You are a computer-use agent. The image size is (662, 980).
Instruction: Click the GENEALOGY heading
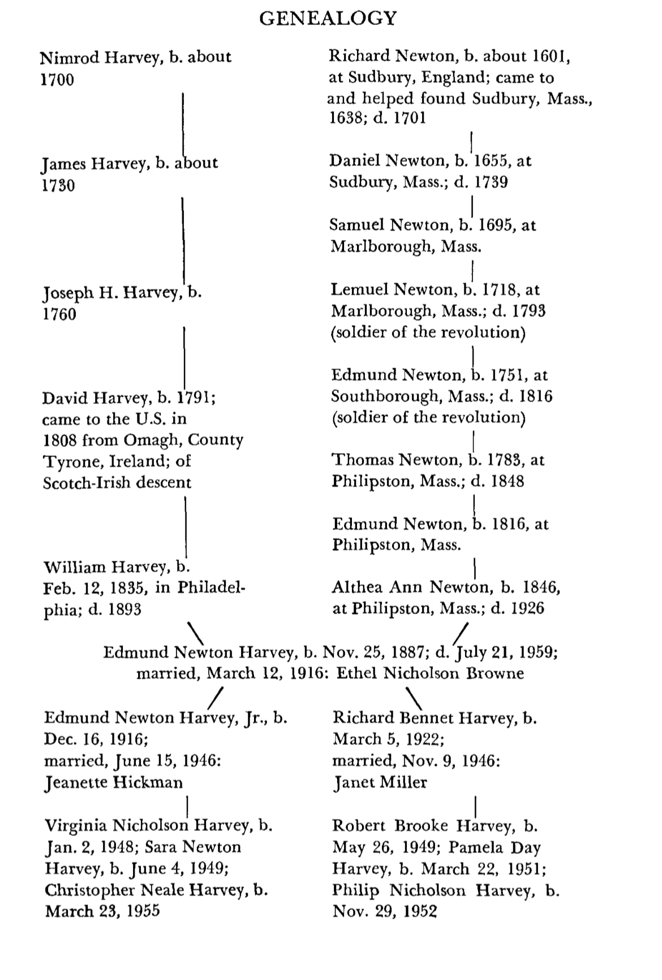[x=328, y=19]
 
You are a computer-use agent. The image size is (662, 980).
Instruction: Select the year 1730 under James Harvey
[x=58, y=185]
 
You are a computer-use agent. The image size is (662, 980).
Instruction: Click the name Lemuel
[x=360, y=290]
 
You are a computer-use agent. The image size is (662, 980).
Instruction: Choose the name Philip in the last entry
[x=355, y=890]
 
